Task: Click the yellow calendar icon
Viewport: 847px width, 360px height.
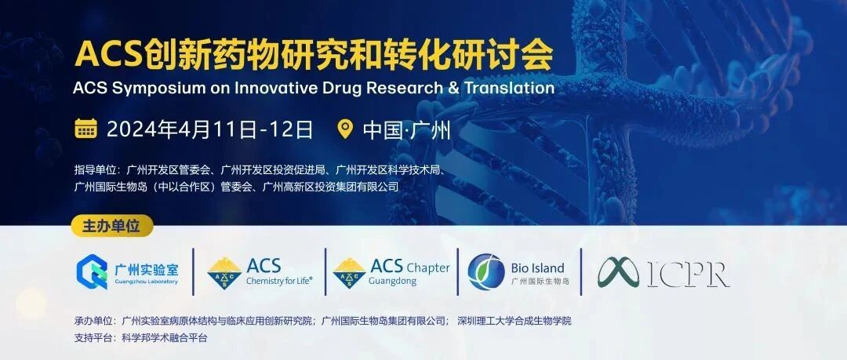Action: click(85, 129)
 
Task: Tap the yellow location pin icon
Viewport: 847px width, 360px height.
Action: click(344, 129)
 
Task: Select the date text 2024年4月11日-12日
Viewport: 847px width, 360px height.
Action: click(209, 129)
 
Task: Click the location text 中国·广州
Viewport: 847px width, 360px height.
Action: click(406, 129)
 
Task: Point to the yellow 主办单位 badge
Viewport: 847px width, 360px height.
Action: click(111, 226)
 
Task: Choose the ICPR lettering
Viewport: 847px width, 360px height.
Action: click(689, 273)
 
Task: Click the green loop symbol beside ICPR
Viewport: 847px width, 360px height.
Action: click(620, 272)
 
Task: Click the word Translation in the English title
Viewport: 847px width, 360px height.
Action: click(509, 88)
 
